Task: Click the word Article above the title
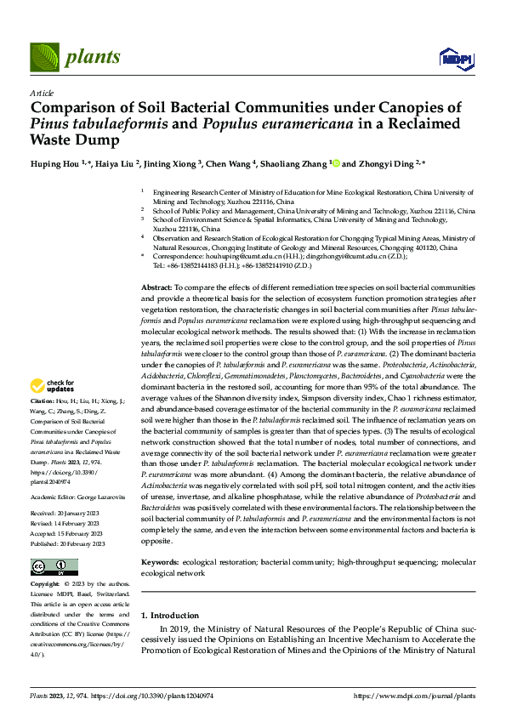click(42, 92)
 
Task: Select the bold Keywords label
click(160, 563)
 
